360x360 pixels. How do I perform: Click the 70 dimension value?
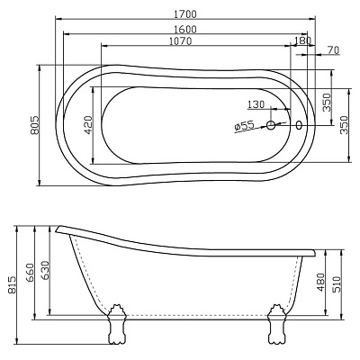click(x=334, y=51)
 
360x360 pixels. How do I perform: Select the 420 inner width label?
click(x=89, y=125)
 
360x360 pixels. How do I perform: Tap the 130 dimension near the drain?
click(x=255, y=105)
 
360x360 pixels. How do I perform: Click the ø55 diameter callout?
click(x=242, y=127)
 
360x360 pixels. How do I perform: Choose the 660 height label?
click(x=30, y=273)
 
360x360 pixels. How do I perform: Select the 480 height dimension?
click(x=320, y=283)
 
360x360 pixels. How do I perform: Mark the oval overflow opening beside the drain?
click(x=298, y=126)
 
